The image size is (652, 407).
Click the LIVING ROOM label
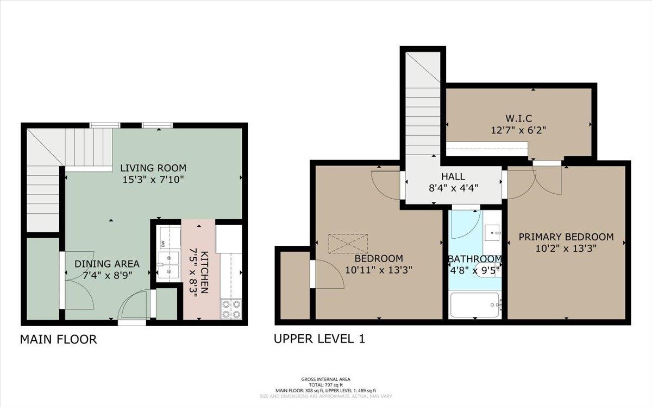tap(153, 168)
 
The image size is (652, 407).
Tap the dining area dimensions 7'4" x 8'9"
tap(108, 275)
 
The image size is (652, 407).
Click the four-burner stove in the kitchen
tap(231, 309)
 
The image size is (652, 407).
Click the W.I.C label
tap(519, 118)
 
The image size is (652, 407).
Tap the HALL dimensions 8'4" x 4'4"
tap(454, 188)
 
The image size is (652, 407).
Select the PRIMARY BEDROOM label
tap(566, 237)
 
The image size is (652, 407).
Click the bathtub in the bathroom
tap(475, 305)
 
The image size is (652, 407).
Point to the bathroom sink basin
tap(492, 233)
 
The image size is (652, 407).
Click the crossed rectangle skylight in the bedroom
tap(348, 244)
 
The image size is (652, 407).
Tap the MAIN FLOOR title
tap(58, 340)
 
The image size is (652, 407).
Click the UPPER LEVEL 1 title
tap(319, 339)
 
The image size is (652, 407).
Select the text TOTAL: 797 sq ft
tap(325, 385)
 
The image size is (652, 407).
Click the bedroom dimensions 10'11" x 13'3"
tap(379, 270)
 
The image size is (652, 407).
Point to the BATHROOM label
tap(475, 259)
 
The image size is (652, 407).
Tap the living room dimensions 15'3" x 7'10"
tap(153, 180)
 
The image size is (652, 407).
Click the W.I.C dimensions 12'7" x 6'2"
tap(518, 130)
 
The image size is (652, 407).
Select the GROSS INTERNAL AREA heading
tap(325, 379)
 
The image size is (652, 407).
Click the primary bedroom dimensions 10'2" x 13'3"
tap(566, 249)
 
